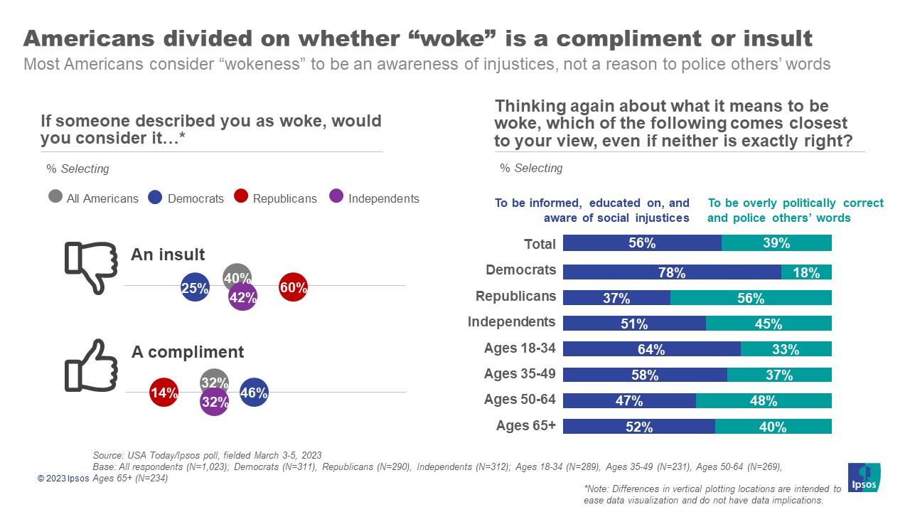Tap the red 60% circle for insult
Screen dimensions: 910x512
293,287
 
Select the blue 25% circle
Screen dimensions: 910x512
195,288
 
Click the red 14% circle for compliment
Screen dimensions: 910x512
164,392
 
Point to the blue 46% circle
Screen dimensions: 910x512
254,392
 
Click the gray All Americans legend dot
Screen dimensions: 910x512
55,197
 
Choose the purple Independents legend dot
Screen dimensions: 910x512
337,197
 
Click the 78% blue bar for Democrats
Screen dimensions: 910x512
671,272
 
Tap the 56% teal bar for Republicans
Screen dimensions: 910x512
750,298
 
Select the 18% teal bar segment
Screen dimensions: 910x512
806,272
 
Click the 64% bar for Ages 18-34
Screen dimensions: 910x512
651,349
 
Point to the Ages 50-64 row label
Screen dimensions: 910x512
519,399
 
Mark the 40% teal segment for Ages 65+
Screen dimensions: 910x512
773,427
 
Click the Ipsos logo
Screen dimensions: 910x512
864,477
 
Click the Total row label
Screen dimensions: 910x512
540,244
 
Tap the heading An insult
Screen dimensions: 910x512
168,255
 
